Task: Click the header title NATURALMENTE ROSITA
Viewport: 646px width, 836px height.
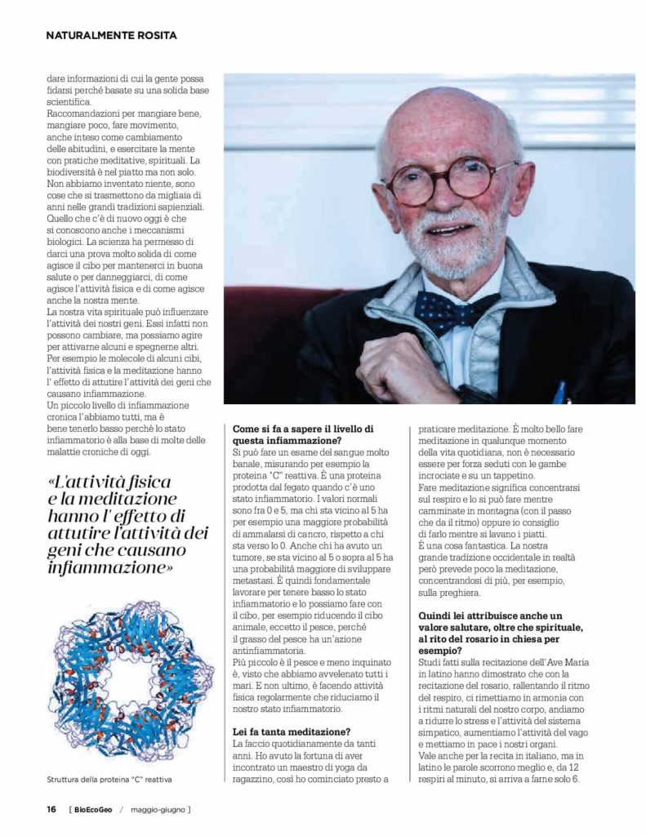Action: (x=111, y=35)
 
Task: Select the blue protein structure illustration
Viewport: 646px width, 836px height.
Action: (x=131, y=681)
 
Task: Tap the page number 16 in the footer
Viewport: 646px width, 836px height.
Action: (x=51, y=809)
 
